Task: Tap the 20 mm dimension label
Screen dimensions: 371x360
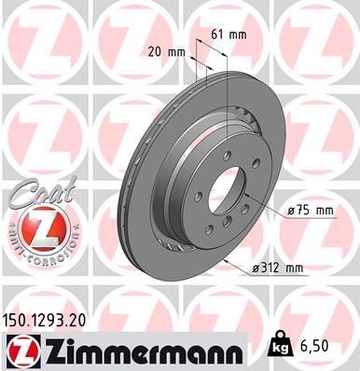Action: (164, 52)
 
